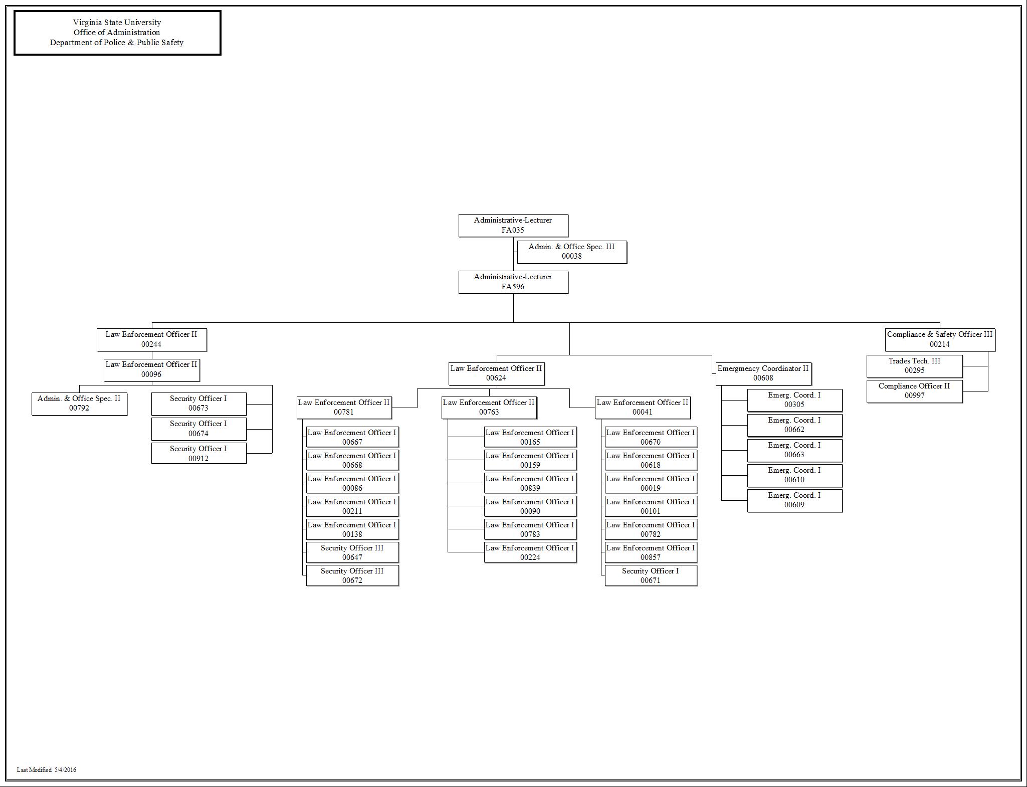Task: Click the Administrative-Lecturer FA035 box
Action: pyautogui.click(x=513, y=225)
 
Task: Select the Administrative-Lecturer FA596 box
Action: pyautogui.click(x=513, y=282)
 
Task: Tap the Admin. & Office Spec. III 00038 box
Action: pyautogui.click(x=571, y=252)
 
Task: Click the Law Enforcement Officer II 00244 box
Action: pyautogui.click(x=151, y=339)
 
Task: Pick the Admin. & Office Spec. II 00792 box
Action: pyautogui.click(x=79, y=404)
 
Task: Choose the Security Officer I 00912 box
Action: pyautogui.click(x=198, y=453)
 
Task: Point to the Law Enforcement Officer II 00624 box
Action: pyautogui.click(x=496, y=373)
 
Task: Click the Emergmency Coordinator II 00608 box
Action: pyautogui.click(x=763, y=373)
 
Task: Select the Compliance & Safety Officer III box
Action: pyautogui.click(x=940, y=339)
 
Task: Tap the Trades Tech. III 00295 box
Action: pyautogui.click(x=914, y=366)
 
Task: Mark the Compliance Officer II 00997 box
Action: pyautogui.click(x=914, y=391)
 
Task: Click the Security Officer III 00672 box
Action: pyautogui.click(x=352, y=575)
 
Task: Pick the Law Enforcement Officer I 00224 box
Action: pyautogui.click(x=530, y=552)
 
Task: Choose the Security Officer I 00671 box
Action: pyautogui.click(x=651, y=575)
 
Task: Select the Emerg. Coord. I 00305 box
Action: pyautogui.click(x=794, y=400)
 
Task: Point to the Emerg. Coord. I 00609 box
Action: pyautogui.click(x=794, y=500)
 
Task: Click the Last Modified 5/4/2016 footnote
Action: pyautogui.click(x=47, y=770)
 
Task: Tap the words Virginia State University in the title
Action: pyautogui.click(x=117, y=23)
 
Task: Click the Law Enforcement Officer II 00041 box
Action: pyautogui.click(x=643, y=408)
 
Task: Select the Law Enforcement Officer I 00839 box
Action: pyautogui.click(x=530, y=483)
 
